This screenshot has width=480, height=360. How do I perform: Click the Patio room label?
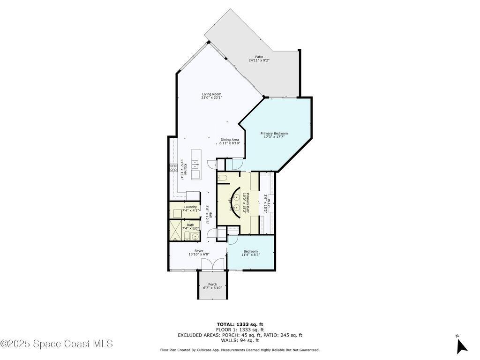pyautogui.click(x=259, y=57)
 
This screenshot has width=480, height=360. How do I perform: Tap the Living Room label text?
pyautogui.click(x=211, y=94)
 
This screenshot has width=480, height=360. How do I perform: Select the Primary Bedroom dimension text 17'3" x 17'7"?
pyautogui.click(x=274, y=137)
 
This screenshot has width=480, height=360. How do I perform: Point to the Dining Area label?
pyautogui.click(x=230, y=140)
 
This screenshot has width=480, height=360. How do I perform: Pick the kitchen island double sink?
pyautogui.click(x=195, y=165)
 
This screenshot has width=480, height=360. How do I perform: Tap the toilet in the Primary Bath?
pyautogui.click(x=222, y=178)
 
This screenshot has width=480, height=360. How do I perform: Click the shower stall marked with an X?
pyautogui.click(x=176, y=233)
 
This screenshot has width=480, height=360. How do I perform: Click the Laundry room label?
pyautogui.click(x=190, y=207)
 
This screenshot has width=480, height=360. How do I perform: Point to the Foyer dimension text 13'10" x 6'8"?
pyautogui.click(x=199, y=255)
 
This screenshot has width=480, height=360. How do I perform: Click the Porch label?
pyautogui.click(x=213, y=285)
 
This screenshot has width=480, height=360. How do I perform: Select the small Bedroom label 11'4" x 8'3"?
pyautogui.click(x=251, y=255)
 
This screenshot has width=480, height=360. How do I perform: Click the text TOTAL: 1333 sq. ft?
pyautogui.click(x=240, y=324)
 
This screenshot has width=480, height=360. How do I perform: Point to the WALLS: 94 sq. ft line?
pyautogui.click(x=240, y=340)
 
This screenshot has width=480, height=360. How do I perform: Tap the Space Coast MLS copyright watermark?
pyautogui.click(x=57, y=344)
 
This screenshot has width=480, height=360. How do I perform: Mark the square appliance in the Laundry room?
pyautogui.click(x=177, y=213)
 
